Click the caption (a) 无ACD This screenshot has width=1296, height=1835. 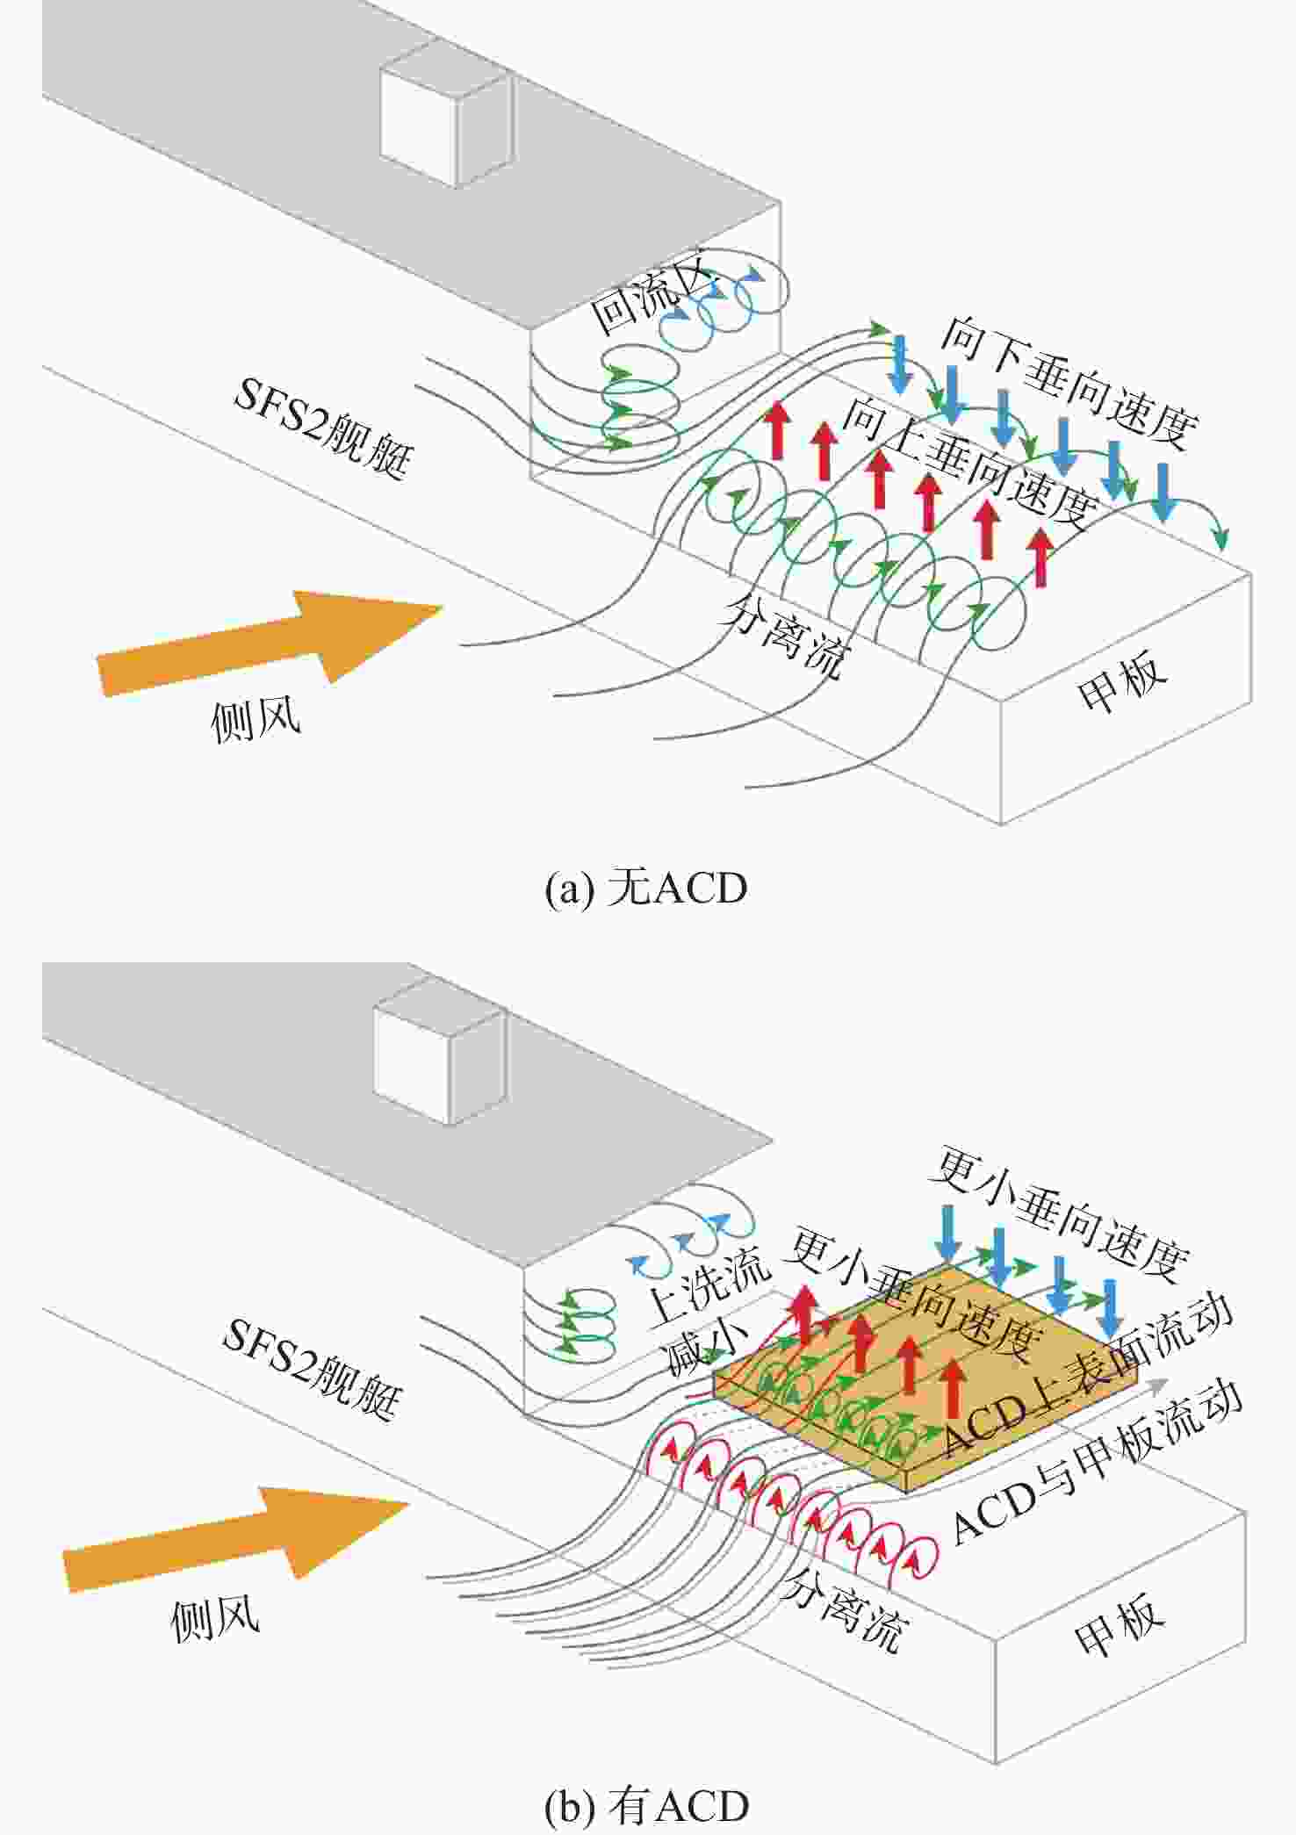(646, 889)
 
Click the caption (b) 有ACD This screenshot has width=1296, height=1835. (646, 1806)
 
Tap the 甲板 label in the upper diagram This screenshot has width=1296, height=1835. (1123, 679)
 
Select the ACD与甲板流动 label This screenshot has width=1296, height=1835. (1098, 1461)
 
